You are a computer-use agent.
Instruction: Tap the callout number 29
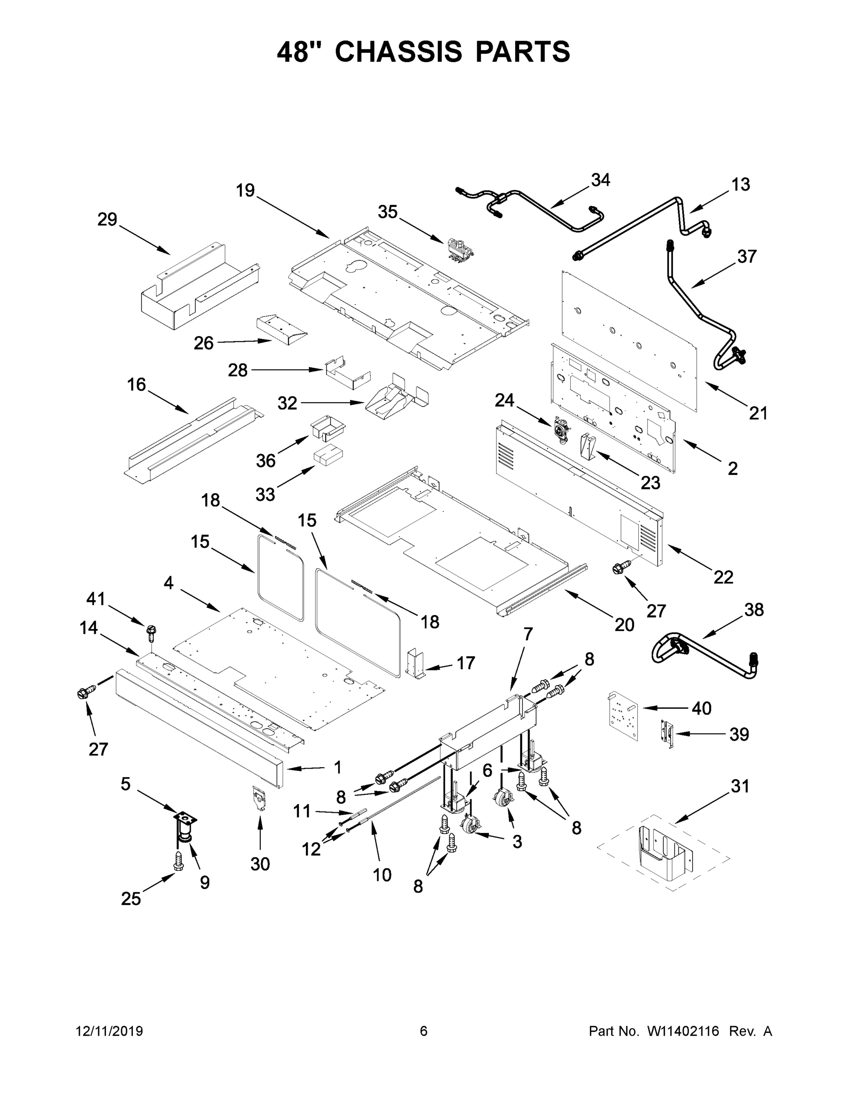pos(107,219)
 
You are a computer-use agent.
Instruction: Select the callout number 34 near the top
pos(600,179)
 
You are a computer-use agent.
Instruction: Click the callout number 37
pos(747,257)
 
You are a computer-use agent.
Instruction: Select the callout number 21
pos(758,413)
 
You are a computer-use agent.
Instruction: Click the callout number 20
pos(625,624)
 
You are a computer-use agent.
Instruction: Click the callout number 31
pos(740,786)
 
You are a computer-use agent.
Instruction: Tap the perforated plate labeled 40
pos(622,716)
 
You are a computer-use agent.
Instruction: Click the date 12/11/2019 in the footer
pos(110,1031)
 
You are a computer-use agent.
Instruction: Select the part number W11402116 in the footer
pos(684,1031)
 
